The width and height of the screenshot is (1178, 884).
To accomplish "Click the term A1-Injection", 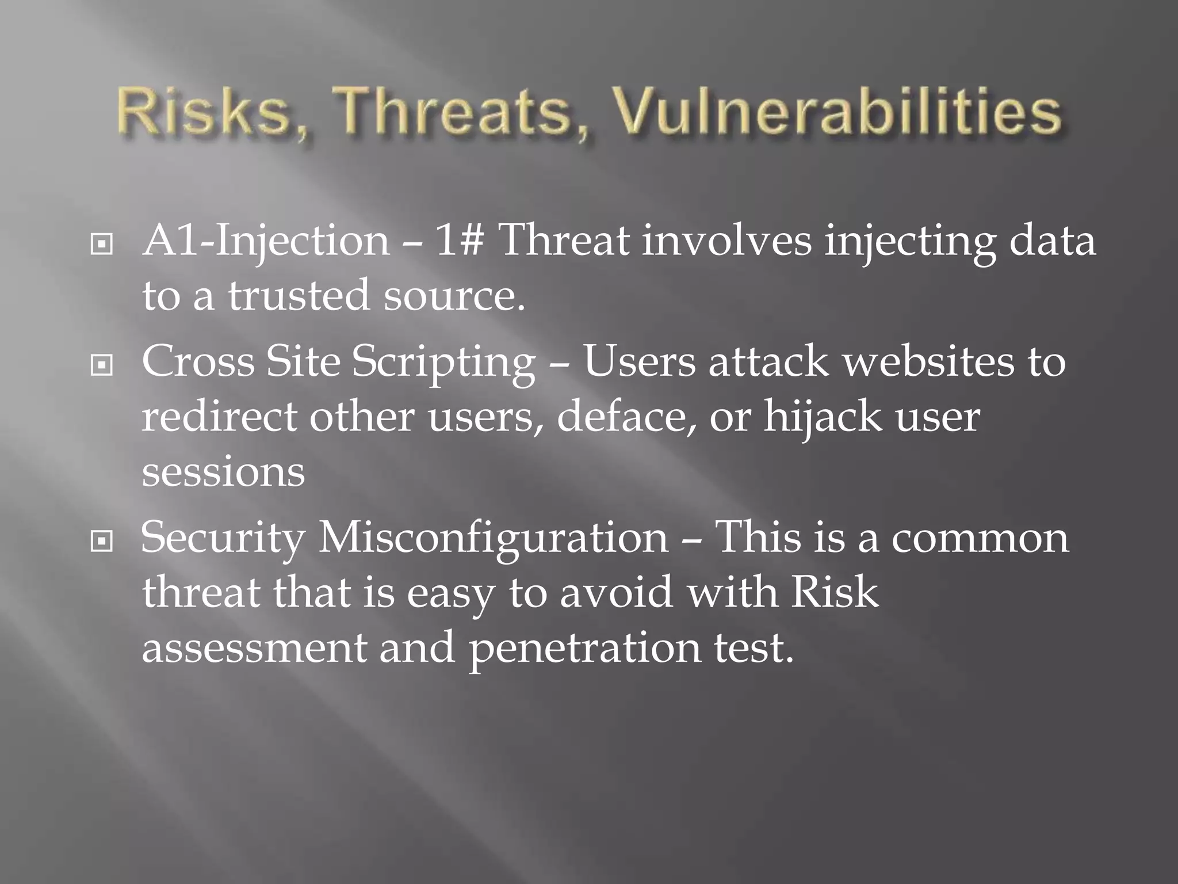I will pyautogui.click(x=265, y=241).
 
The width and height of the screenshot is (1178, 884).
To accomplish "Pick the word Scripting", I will pyautogui.click(x=443, y=363).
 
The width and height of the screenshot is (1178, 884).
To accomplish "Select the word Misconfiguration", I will pyautogui.click(x=494, y=538).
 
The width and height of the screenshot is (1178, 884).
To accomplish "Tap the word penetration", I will pyautogui.click(x=584, y=648).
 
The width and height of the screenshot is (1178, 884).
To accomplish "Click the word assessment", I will pyautogui.click(x=254, y=648).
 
